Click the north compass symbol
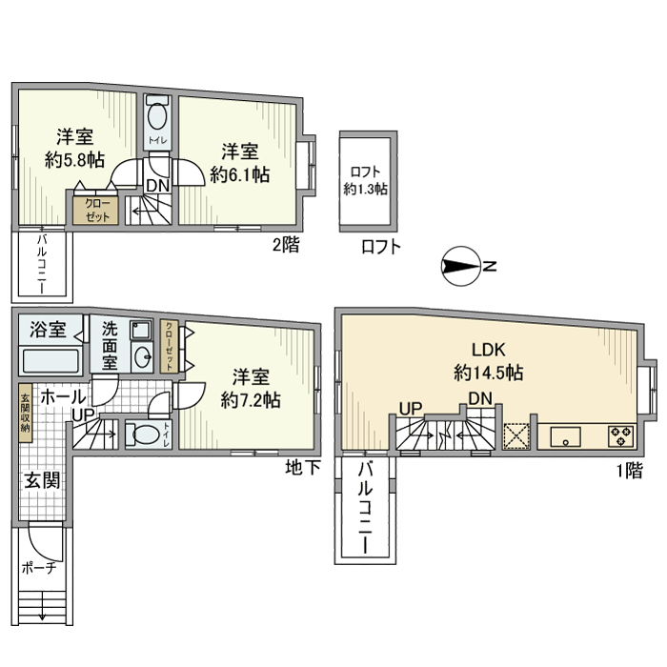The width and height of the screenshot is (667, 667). (x=461, y=266)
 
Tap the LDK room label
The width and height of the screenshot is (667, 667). (x=488, y=350)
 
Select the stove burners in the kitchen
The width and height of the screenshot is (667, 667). (x=621, y=436)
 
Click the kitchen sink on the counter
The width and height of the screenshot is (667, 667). (x=566, y=436)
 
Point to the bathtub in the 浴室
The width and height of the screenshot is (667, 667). (x=51, y=361)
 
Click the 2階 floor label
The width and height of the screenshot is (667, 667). (x=286, y=245)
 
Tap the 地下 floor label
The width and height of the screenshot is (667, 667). (x=303, y=467)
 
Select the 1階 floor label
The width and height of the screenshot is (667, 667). (x=630, y=471)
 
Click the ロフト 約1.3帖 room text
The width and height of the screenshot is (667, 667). (x=365, y=180)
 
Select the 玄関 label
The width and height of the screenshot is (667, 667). (x=42, y=480)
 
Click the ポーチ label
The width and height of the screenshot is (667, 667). (x=39, y=568)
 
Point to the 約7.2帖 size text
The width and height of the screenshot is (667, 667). (x=250, y=400)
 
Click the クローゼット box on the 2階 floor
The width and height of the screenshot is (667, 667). (x=97, y=211)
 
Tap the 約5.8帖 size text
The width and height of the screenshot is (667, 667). (x=74, y=160)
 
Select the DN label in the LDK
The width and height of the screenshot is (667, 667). (x=480, y=398)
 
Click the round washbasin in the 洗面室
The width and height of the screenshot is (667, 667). (x=142, y=356)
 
